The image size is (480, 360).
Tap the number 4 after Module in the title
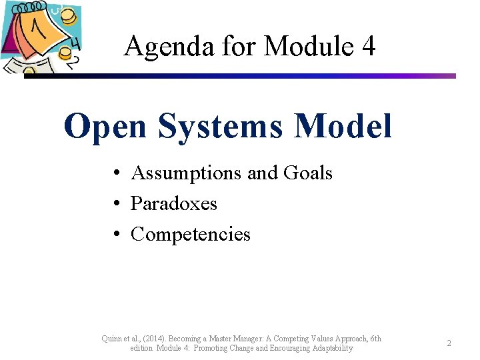(x=367, y=47)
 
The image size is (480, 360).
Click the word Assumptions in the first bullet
(x=186, y=173)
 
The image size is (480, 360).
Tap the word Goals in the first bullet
(x=307, y=173)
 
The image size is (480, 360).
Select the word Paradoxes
(x=174, y=203)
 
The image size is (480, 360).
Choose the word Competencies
(x=191, y=234)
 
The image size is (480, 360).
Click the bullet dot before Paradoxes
(x=116, y=204)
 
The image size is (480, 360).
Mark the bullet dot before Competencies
(x=116, y=235)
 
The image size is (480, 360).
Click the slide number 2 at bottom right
(x=449, y=343)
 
